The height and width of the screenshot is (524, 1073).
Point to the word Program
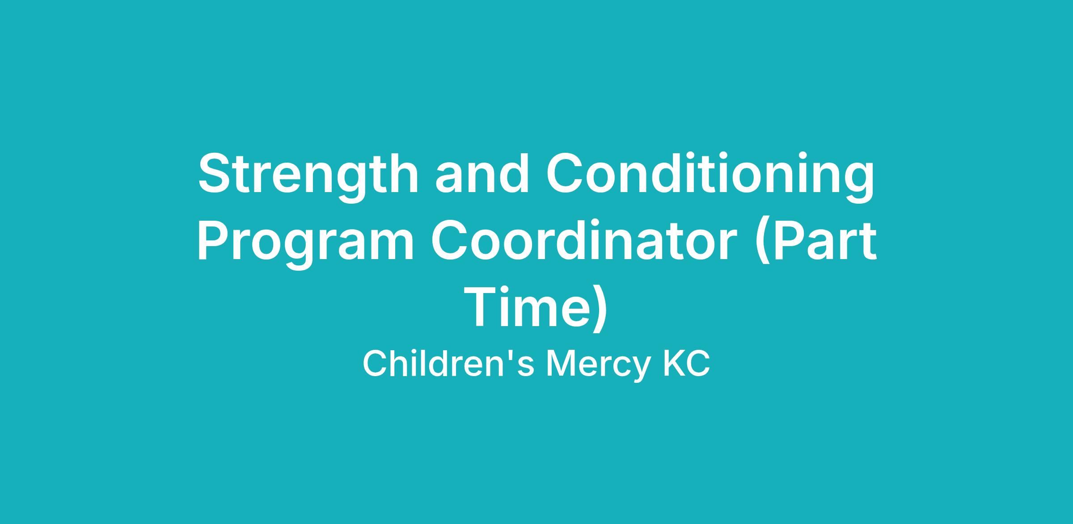click(305, 244)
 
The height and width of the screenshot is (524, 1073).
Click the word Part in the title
click(823, 241)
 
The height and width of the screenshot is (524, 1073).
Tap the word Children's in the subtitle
click(448, 363)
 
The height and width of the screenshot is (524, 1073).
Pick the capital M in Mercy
click(560, 364)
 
